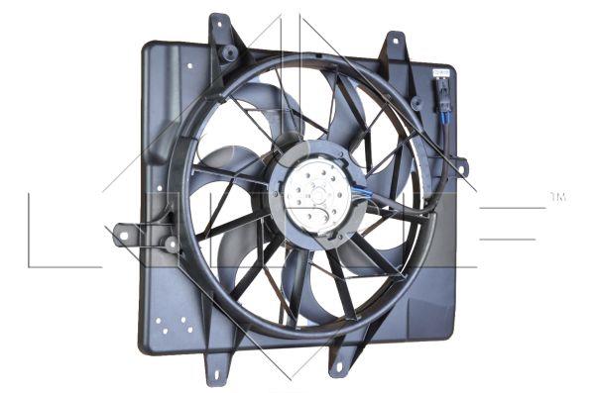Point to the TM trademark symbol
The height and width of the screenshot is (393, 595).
(557, 198)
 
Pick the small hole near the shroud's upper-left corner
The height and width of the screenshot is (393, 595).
(189, 66)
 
